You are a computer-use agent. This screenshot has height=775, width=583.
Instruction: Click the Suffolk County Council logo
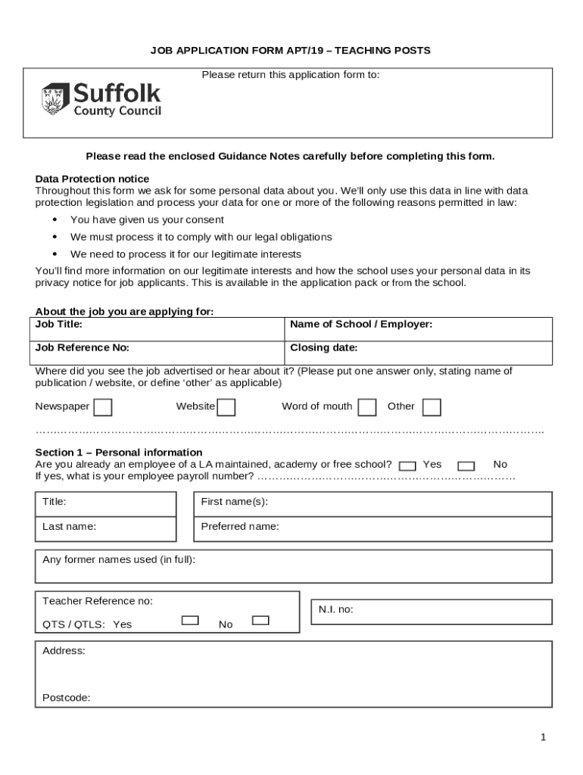(x=101, y=99)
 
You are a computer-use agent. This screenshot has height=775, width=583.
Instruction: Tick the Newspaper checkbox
(x=103, y=407)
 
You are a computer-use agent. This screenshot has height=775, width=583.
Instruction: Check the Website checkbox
(x=226, y=407)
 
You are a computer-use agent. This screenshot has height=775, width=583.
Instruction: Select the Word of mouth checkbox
(x=367, y=407)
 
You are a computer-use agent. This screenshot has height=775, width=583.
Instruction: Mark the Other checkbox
(x=432, y=407)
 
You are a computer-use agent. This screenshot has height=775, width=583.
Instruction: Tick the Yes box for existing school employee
(x=407, y=466)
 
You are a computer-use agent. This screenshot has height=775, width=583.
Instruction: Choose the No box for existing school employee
(x=466, y=466)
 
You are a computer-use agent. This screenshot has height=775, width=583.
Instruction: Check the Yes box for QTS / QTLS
(x=190, y=621)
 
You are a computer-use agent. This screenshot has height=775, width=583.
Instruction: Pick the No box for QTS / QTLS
(x=260, y=621)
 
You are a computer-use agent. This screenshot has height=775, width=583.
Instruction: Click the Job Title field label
(x=59, y=324)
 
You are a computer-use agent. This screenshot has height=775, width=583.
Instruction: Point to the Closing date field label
(x=324, y=348)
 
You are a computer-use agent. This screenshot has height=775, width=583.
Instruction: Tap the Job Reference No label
(x=83, y=348)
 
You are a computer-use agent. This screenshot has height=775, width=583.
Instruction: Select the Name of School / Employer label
(x=361, y=324)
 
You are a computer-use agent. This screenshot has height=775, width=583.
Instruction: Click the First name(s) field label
(x=235, y=502)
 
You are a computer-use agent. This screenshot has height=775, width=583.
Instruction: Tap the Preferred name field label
(x=240, y=526)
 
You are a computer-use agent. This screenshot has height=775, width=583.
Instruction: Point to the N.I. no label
(x=336, y=609)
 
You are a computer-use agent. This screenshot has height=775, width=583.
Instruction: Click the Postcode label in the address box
(x=67, y=698)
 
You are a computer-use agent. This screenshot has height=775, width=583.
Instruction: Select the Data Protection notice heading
(x=92, y=179)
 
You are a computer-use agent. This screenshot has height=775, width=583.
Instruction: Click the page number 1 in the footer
(x=543, y=738)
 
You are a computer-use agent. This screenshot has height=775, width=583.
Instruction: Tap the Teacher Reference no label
(x=98, y=601)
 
